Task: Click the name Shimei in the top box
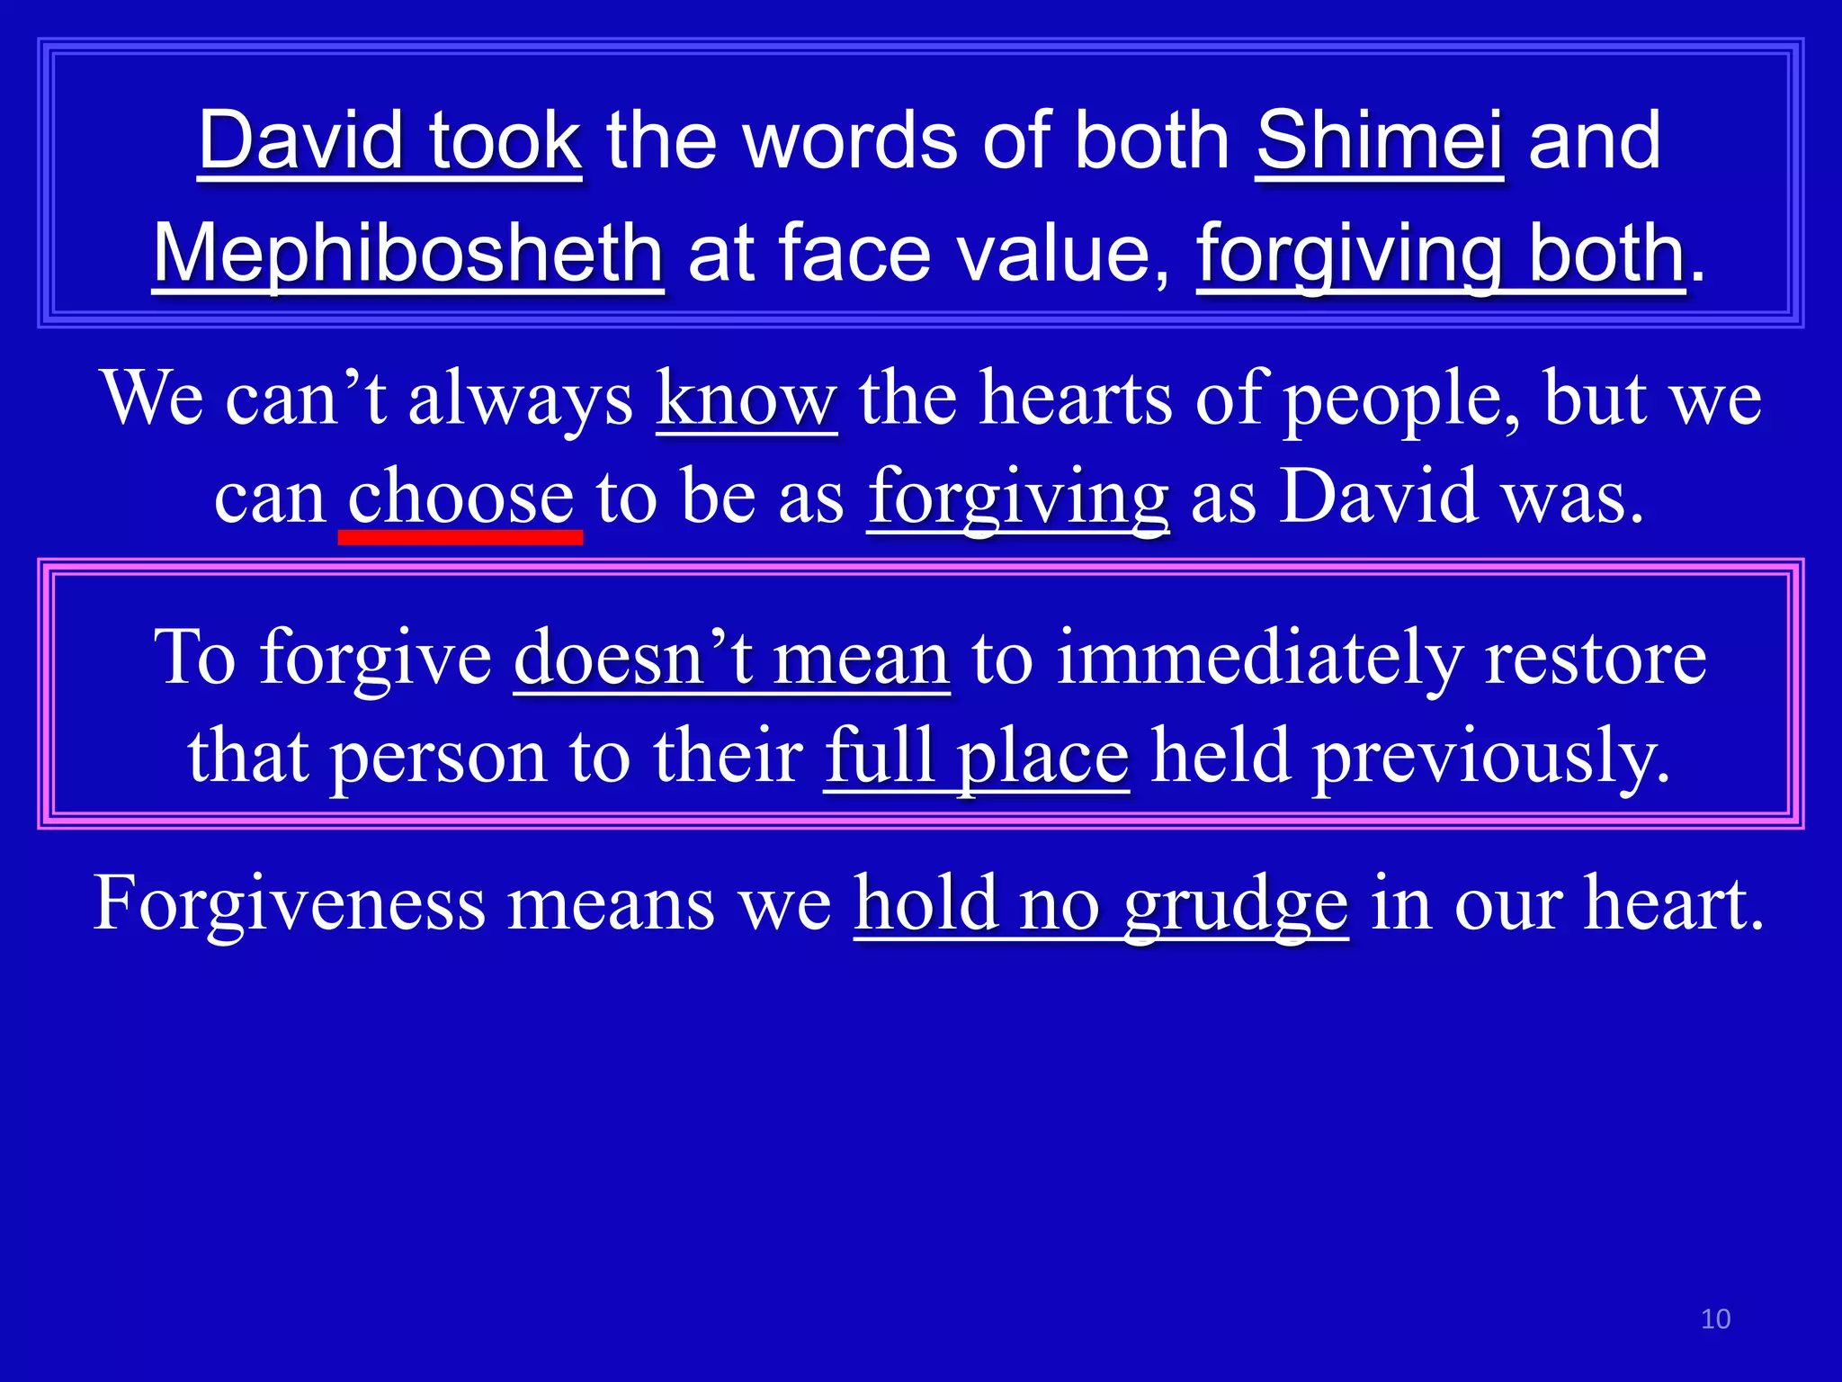click(x=1379, y=141)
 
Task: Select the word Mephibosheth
click(x=408, y=255)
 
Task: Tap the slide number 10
click(x=1715, y=1319)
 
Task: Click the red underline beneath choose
click(x=460, y=537)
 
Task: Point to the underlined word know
click(x=746, y=399)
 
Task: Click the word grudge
click(x=1236, y=903)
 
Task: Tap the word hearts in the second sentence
click(x=1075, y=399)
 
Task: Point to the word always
click(x=521, y=399)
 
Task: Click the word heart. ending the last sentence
click(x=1673, y=903)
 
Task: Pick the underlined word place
click(x=1042, y=757)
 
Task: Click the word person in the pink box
click(x=438, y=757)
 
